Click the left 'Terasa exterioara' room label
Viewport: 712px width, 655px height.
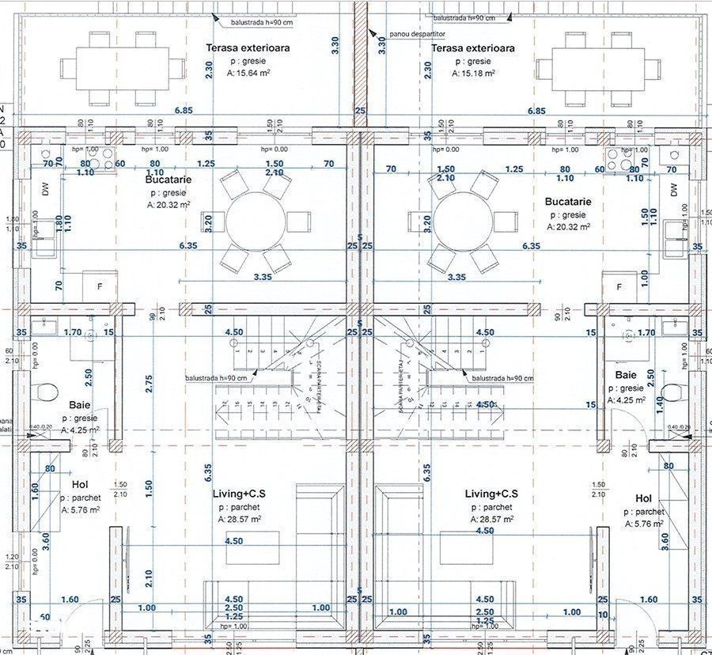point(248,48)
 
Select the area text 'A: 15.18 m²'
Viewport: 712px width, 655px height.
point(474,74)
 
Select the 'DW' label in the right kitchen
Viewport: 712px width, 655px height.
point(673,190)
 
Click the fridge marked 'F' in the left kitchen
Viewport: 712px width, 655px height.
point(99,286)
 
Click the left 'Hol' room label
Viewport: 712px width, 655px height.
point(79,484)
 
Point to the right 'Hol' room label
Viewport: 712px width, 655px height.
point(643,498)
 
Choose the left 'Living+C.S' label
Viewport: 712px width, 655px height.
point(239,494)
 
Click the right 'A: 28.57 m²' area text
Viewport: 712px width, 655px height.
point(490,520)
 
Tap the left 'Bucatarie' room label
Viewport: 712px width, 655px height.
point(169,180)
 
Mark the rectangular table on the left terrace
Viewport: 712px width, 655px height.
point(122,68)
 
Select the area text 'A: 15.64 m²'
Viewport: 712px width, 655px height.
point(248,74)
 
